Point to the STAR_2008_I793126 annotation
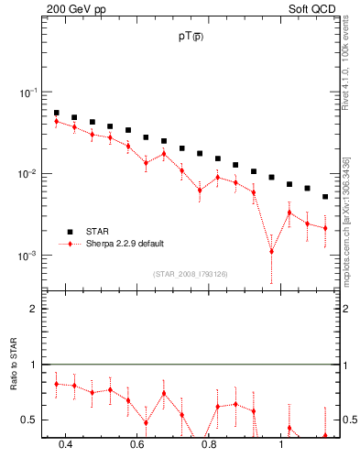191,272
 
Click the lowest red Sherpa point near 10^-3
271,251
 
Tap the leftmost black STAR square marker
57,113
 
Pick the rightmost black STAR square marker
325,196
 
